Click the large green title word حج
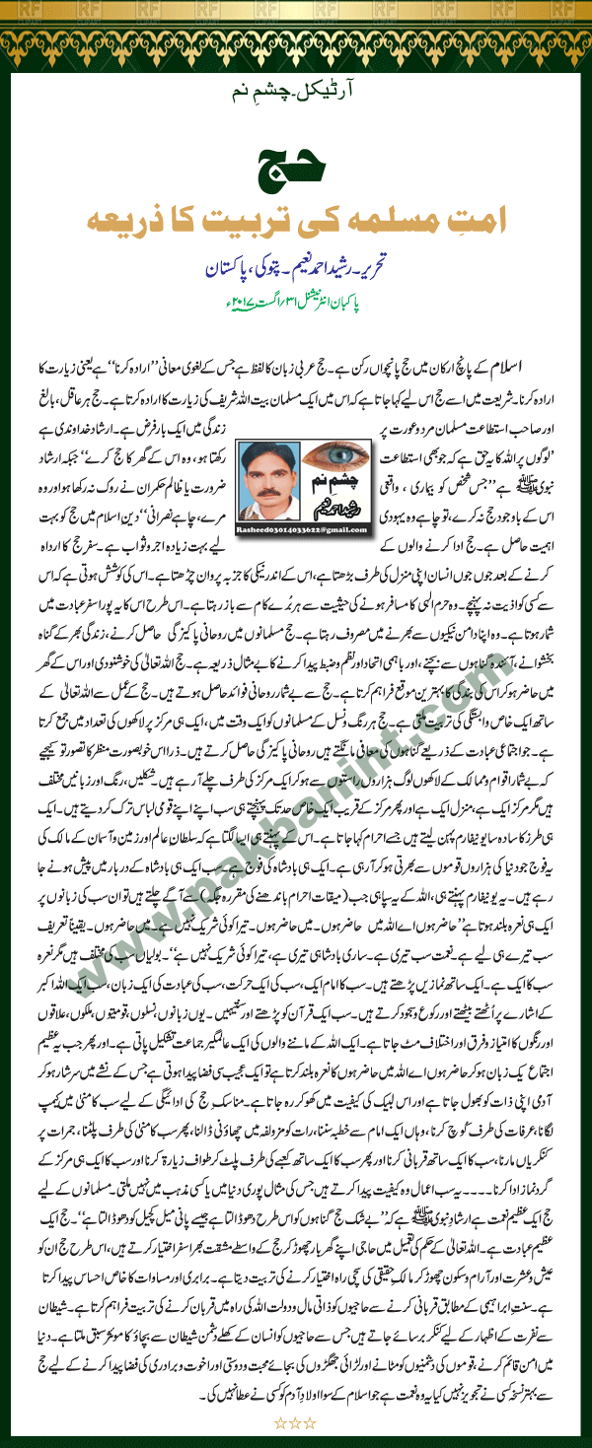(295, 166)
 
